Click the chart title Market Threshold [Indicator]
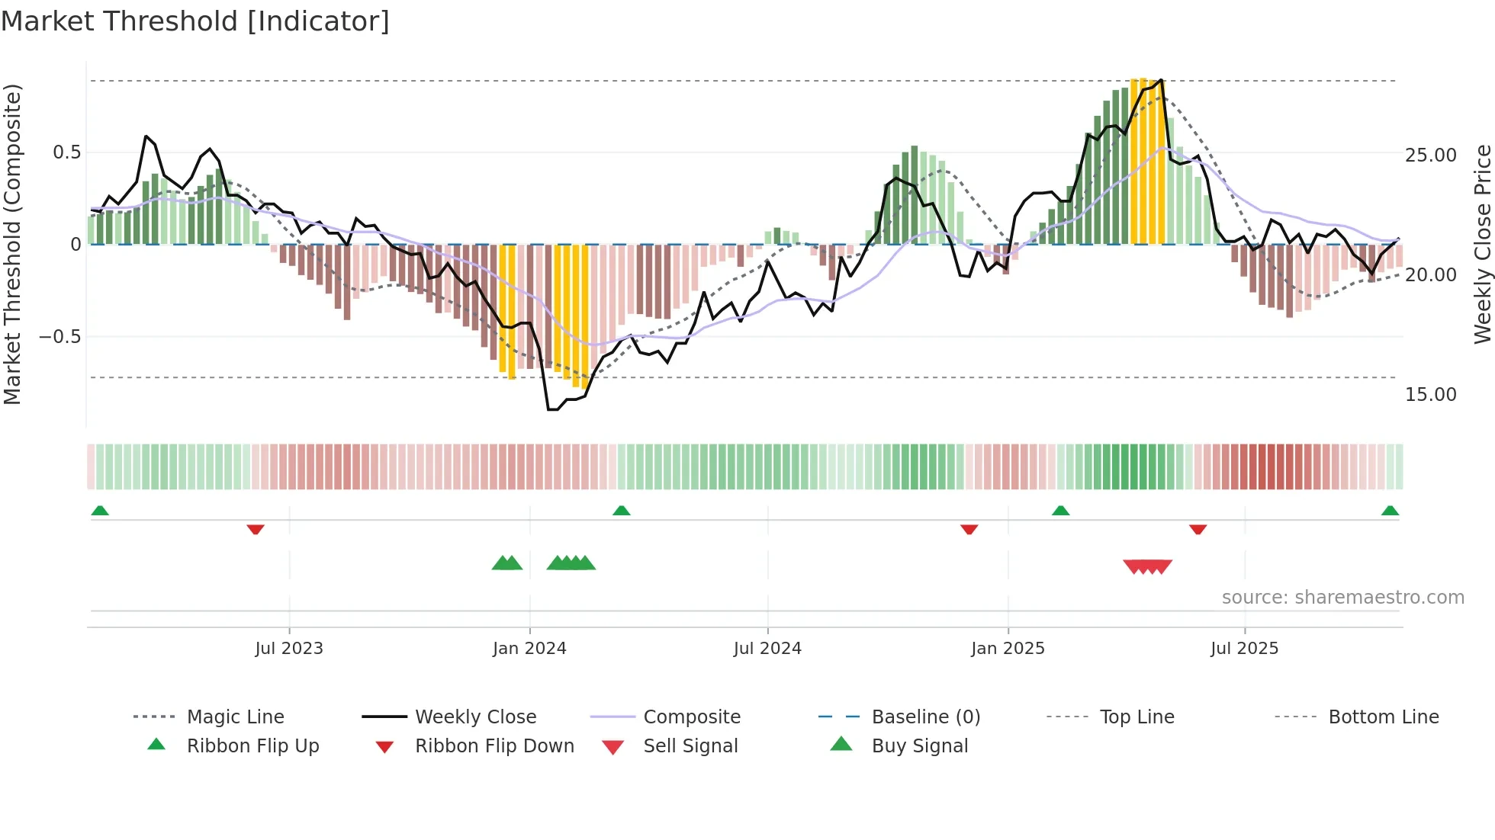195,21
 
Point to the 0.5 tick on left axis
66,152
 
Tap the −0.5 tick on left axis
60,337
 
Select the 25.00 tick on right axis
1430,155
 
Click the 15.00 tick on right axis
1430,395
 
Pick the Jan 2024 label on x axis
529,649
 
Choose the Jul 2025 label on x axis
1244,649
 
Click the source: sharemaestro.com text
1342,598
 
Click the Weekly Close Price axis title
1482,244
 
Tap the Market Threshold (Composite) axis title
12,244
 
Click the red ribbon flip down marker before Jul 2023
256,529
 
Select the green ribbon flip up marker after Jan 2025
1060,511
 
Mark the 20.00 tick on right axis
1430,275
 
